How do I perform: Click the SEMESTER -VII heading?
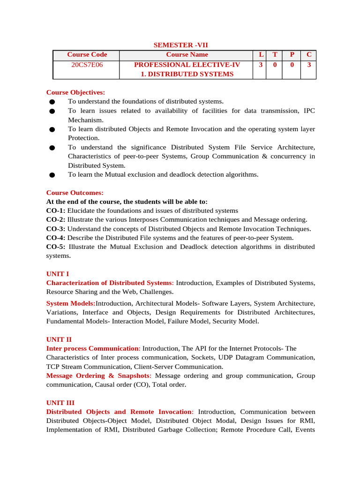click(181, 45)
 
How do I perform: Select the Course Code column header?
click(87, 55)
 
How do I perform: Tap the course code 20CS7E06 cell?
click(87, 65)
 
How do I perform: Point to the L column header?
click(261, 55)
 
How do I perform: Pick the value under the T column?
click(275, 65)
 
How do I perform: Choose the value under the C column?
click(309, 65)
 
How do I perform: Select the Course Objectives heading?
click(76, 92)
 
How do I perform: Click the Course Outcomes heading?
click(75, 193)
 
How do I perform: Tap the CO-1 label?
click(56, 211)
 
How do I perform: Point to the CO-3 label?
click(56, 229)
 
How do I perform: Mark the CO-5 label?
click(56, 247)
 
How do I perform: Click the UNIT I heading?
click(58, 274)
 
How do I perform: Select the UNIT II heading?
click(59, 339)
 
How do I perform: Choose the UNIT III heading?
click(60, 403)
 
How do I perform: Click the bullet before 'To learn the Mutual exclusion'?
click(52, 175)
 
